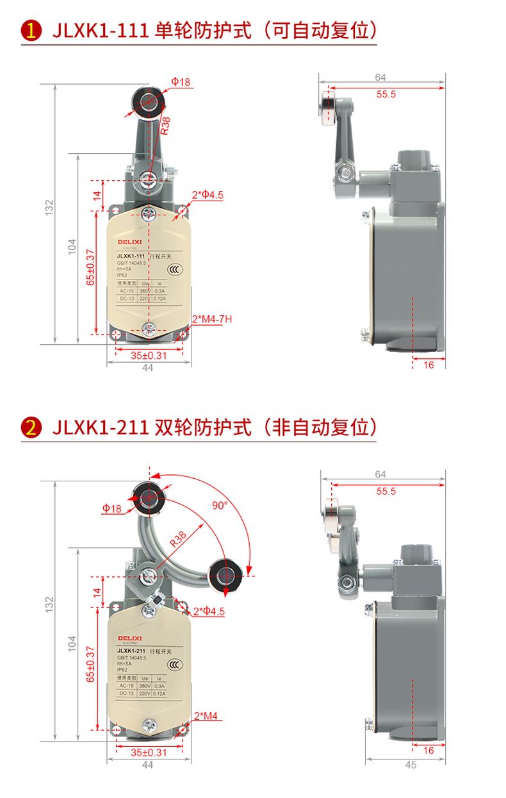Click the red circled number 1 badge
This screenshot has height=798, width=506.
click(x=31, y=31)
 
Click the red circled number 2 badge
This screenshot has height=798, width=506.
click(x=31, y=427)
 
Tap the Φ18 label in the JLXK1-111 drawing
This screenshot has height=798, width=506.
click(x=181, y=82)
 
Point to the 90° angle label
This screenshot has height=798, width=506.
click(x=220, y=505)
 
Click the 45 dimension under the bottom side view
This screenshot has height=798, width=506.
click(x=411, y=765)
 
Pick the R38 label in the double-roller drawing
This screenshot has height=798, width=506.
click(x=179, y=539)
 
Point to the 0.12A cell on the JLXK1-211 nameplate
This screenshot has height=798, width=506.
click(x=158, y=694)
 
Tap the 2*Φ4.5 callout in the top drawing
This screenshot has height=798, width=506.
click(x=208, y=195)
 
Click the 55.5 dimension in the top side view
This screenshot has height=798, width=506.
click(x=386, y=94)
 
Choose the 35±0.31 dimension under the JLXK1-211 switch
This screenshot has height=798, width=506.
click(x=149, y=752)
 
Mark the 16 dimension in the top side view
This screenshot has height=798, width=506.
click(x=428, y=363)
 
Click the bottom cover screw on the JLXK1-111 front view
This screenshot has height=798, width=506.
click(x=149, y=329)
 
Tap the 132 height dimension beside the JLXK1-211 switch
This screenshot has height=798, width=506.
click(x=49, y=604)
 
